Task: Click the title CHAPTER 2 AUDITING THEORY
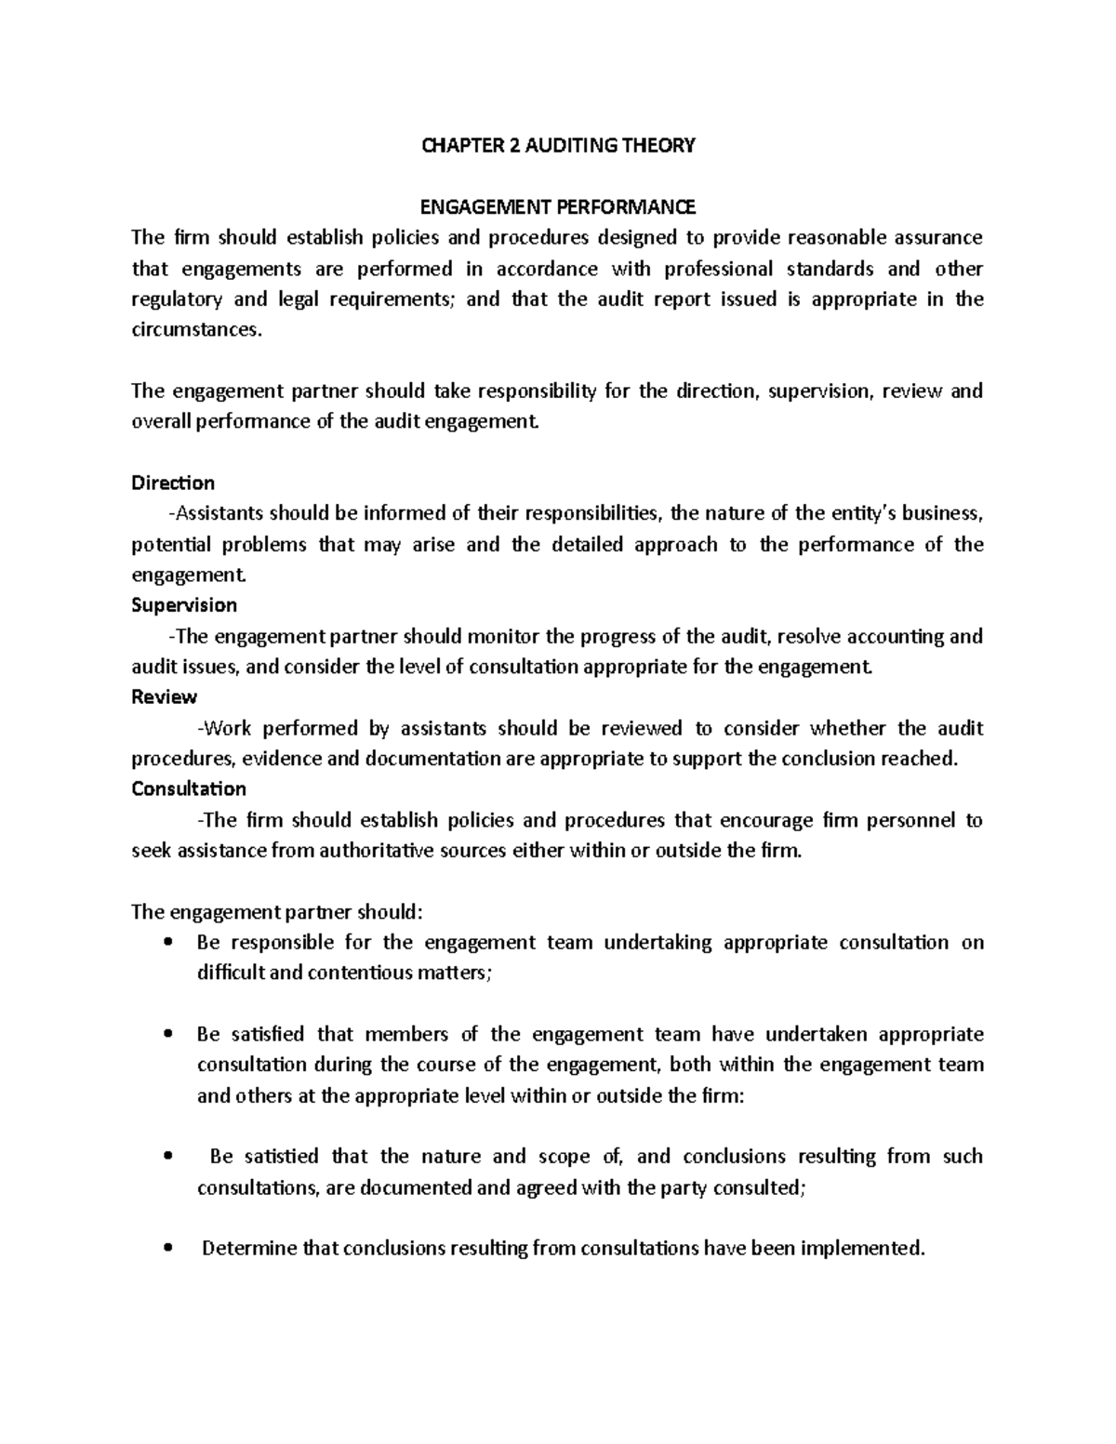point(558,145)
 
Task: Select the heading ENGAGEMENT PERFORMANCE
point(558,206)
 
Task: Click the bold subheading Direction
point(173,483)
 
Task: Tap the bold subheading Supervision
point(184,605)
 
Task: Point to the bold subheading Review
point(165,696)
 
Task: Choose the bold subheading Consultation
point(189,788)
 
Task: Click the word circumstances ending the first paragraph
point(190,330)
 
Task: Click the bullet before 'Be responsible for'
point(167,943)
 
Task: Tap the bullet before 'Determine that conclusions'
point(167,1249)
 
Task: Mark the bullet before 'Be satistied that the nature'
point(167,1157)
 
